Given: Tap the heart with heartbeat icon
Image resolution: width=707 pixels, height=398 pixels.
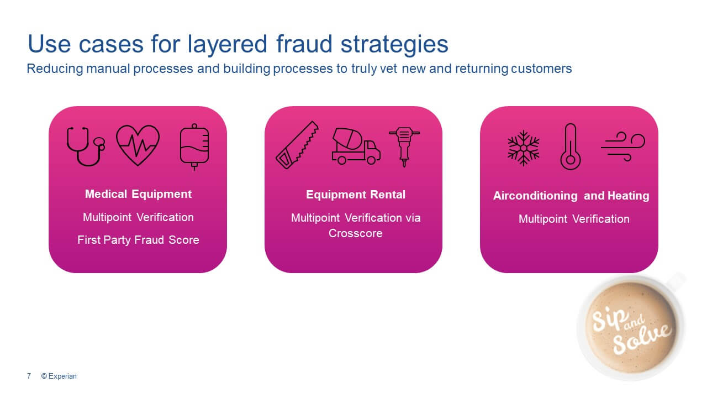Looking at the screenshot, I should [x=138, y=145].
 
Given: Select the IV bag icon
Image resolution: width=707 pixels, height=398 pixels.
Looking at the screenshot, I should [x=194, y=146].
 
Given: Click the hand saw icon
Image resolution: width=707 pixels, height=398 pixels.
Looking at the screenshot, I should [x=297, y=145].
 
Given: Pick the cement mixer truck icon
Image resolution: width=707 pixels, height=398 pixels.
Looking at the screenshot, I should [x=355, y=146].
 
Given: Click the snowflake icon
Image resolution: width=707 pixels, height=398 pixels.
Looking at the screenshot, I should [x=523, y=148].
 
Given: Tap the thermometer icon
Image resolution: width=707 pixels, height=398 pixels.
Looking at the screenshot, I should [x=571, y=146].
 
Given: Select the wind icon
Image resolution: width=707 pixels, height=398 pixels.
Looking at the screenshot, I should [x=622, y=146].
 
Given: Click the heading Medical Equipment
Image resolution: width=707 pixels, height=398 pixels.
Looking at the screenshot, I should [x=138, y=194].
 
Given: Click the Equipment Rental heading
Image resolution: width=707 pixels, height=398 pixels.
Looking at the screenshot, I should [x=356, y=195].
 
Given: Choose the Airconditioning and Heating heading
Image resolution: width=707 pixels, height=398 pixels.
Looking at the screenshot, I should [x=571, y=196].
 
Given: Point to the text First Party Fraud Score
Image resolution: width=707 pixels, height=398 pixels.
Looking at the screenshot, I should [x=138, y=240].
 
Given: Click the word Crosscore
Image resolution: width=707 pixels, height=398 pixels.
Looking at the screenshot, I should [x=356, y=233].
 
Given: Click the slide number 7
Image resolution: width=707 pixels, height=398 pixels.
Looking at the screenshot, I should [x=29, y=376].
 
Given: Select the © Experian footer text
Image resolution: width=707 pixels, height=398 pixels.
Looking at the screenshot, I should [x=59, y=376].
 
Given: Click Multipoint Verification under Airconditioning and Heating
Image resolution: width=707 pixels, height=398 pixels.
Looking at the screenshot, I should [x=574, y=219].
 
